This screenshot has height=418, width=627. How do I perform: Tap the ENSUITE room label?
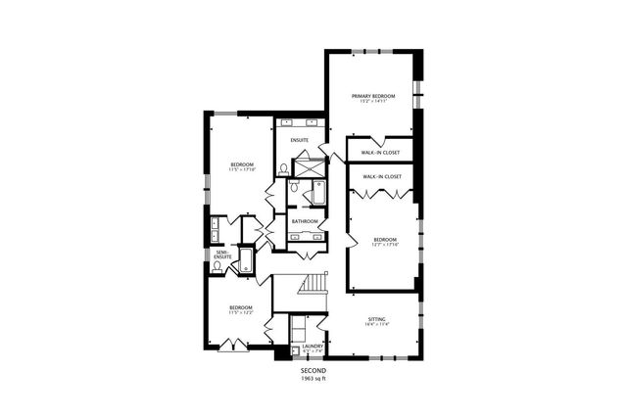tap(300, 140)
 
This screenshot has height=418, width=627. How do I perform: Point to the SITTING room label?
tap(376, 319)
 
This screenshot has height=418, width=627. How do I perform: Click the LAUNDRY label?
tap(313, 346)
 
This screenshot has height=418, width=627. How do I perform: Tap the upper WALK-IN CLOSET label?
tap(381, 153)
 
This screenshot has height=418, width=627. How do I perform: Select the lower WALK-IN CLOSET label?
tap(382, 176)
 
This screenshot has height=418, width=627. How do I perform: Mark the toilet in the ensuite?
tap(282, 169)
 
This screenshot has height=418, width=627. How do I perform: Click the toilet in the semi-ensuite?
tap(217, 266)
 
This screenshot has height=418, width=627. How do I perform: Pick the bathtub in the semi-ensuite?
tap(245, 261)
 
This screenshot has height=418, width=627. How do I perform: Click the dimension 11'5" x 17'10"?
tap(242, 169)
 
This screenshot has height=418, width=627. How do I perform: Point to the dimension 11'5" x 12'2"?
tap(241, 313)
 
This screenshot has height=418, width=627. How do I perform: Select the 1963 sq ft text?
tap(313, 378)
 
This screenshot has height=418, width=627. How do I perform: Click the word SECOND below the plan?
tap(313, 370)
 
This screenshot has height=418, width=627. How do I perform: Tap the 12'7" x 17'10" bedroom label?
tap(384, 241)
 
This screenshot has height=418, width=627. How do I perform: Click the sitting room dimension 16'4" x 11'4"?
tap(376, 325)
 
